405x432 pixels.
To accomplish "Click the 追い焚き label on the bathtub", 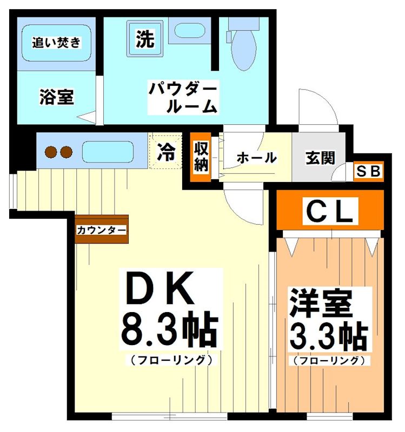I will (56, 42).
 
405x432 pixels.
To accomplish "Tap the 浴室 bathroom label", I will (56, 97).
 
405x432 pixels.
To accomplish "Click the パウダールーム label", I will (184, 97).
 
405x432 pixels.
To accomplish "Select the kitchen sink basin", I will (108, 152).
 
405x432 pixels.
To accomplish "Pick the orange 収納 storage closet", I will (202, 157).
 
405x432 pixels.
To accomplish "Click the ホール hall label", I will (256, 158).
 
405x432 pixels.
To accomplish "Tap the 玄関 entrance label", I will (320, 158).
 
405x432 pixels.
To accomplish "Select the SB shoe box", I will (368, 171).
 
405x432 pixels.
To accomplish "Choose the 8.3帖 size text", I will (169, 329).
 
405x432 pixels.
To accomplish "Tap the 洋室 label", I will (321, 303).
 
